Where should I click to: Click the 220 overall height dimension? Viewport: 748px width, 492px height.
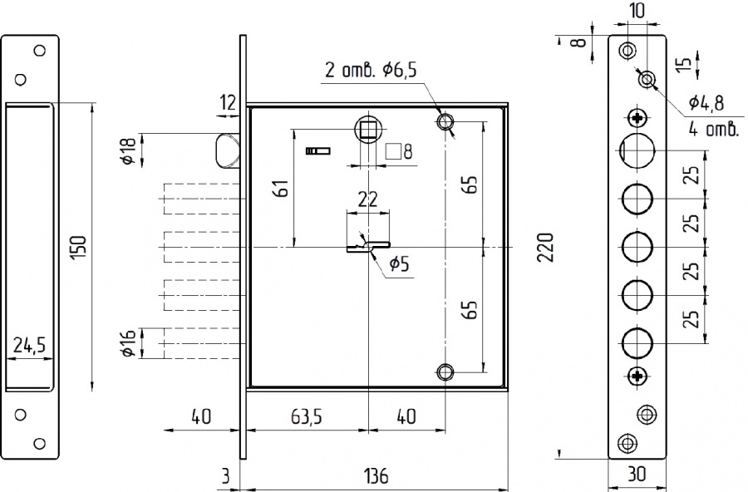546,247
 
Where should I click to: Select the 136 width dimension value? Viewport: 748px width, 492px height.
376,475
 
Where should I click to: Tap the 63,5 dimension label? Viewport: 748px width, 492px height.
307,416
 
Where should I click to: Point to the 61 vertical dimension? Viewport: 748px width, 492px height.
282,188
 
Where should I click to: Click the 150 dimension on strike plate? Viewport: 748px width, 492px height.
78,248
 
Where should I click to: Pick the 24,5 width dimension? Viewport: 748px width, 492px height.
29,345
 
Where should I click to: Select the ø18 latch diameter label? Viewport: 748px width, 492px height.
129,150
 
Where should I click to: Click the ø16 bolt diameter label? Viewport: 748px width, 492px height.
129,343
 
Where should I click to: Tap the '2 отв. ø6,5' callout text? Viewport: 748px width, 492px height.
372,70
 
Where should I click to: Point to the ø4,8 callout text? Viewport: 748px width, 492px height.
706,102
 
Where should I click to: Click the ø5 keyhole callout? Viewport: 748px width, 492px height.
400,263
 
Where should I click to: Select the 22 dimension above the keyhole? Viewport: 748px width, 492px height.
368,199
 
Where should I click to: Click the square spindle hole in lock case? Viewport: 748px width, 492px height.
368,129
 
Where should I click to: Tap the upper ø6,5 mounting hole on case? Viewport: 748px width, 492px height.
445,121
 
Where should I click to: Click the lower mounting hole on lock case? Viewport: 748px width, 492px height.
445,371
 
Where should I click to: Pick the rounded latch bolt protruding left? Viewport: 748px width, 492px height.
227,151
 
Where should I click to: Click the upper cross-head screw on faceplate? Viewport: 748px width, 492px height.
637,117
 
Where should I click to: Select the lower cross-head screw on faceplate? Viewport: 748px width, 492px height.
637,376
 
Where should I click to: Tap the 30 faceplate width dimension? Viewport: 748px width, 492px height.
637,475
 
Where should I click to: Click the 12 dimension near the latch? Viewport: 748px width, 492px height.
229,102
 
